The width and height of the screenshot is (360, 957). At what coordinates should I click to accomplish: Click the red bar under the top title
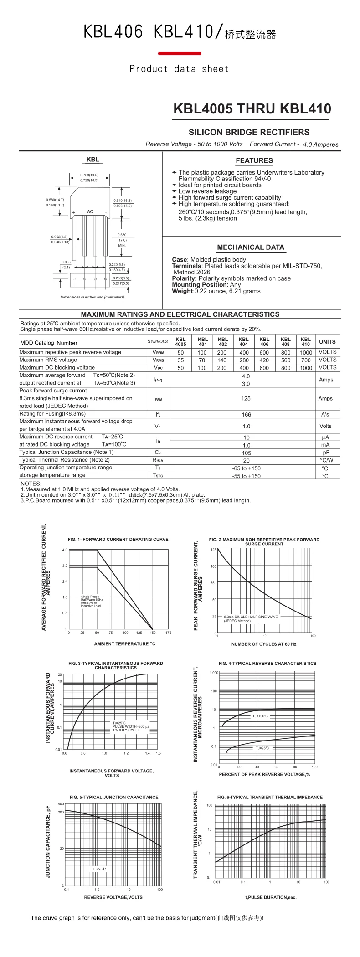coord(180,54)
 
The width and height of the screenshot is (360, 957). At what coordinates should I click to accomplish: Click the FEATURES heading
coord(254,160)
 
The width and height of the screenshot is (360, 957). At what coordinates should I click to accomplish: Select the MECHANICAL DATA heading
coord(251,247)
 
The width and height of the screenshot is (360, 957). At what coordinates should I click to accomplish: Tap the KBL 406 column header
coord(264,342)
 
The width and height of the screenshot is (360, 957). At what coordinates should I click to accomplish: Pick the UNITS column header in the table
coord(327,342)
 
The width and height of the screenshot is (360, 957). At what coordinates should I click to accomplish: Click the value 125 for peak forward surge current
coord(246,398)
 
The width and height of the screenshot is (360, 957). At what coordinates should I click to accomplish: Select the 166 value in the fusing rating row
coord(246,414)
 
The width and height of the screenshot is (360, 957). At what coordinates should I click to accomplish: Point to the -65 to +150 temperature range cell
coord(246,468)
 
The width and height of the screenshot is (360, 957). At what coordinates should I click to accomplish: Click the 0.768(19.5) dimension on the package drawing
coord(89,175)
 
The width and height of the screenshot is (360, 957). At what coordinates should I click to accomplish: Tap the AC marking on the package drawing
coord(90,211)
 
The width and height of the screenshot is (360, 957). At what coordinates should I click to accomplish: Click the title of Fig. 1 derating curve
coord(118,540)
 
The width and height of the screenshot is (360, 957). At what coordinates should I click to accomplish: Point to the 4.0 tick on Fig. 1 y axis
coord(65,550)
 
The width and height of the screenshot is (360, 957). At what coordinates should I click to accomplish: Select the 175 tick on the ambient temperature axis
coord(168,633)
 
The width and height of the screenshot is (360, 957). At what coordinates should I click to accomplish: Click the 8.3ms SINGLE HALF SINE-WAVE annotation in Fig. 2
coord(251,617)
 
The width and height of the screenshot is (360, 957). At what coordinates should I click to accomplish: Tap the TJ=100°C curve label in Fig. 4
coord(260,716)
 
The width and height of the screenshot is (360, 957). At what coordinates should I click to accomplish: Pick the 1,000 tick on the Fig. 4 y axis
coord(214,673)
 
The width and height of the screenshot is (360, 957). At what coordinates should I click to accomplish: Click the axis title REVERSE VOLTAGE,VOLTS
coord(113,897)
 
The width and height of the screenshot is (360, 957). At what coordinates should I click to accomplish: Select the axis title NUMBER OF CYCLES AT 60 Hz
coord(264,644)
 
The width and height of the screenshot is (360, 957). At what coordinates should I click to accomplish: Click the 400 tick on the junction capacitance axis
coord(61,804)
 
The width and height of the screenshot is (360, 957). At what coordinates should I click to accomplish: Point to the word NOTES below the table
coord(31,484)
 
